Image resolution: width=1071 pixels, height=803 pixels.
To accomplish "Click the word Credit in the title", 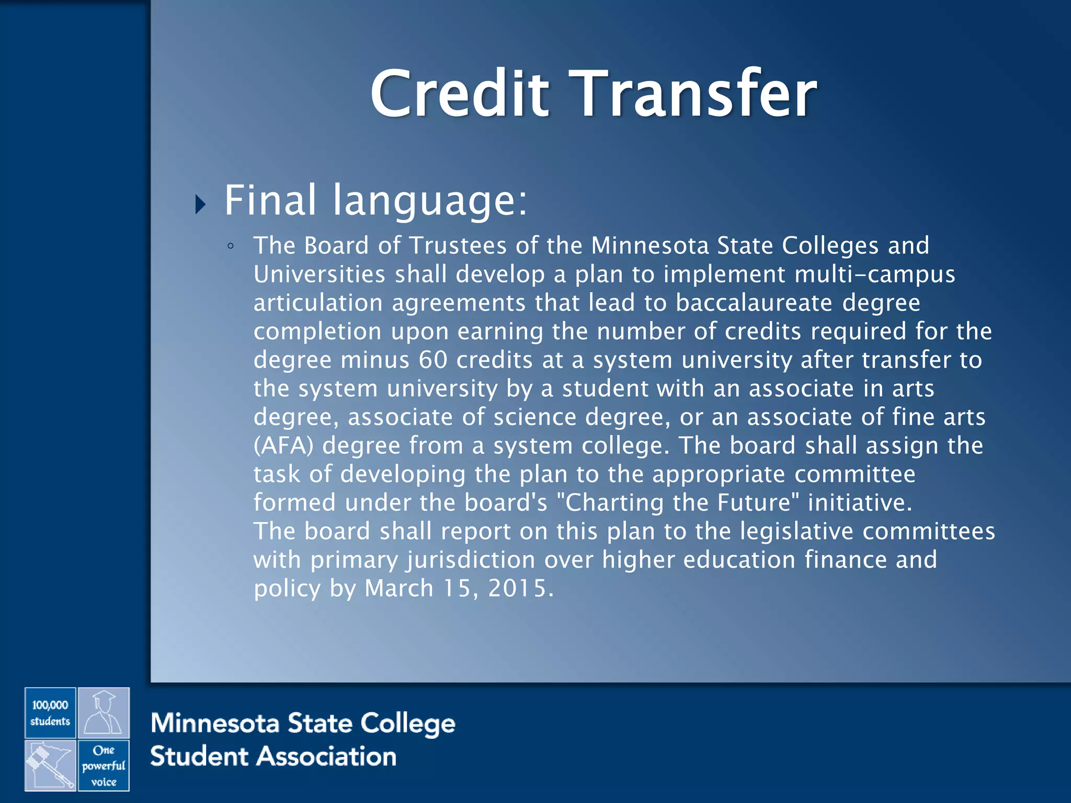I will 459,94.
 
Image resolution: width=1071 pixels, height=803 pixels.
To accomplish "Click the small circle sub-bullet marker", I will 231,246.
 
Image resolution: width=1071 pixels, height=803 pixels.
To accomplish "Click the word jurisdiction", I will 471,560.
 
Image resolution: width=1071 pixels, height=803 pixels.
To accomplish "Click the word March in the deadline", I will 399,589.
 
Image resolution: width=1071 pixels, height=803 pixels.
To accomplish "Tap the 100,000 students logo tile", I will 50,713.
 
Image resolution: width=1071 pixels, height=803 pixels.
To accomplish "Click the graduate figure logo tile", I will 104,713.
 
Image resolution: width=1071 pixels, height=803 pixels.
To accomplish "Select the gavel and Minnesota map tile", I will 50,765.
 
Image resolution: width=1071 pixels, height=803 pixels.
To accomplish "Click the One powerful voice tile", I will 104,765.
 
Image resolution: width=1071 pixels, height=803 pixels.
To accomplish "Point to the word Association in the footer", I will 327,757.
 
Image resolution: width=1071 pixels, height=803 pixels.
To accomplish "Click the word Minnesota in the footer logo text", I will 214,724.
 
